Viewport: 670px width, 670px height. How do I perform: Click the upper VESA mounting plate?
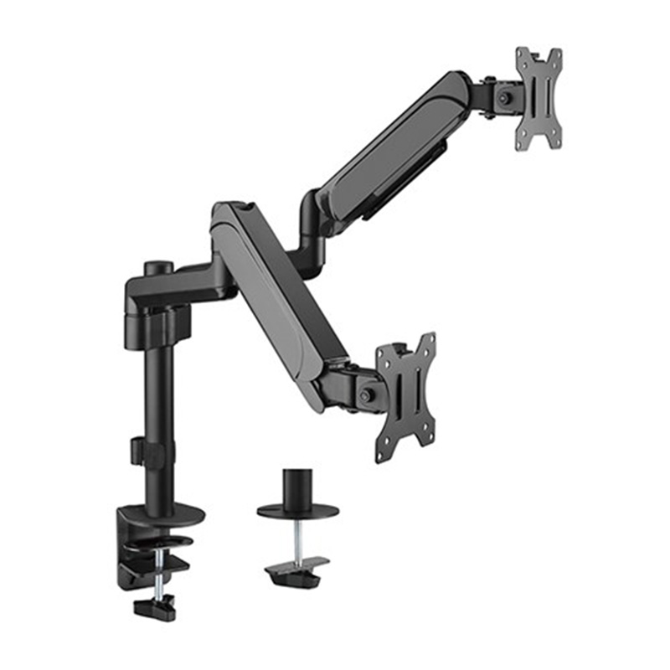pyautogui.click(x=539, y=99)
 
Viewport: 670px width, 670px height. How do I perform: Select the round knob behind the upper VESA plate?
pyautogui.click(x=504, y=97)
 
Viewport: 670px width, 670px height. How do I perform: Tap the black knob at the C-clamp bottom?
pyautogui.click(x=156, y=606)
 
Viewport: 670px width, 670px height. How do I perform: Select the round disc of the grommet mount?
pyautogui.click(x=297, y=510)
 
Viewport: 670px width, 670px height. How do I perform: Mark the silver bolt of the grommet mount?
pyautogui.click(x=297, y=540)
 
